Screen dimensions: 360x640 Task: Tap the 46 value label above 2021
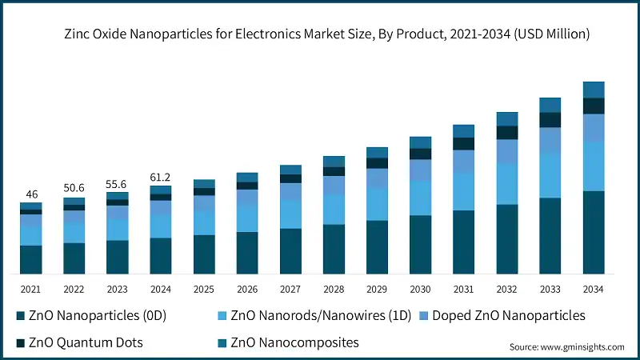[x=31, y=194]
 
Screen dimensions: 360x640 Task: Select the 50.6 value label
[x=74, y=187]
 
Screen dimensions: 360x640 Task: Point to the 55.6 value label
[x=118, y=184]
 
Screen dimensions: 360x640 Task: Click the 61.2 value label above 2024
[x=161, y=178]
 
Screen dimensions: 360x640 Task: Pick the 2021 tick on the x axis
[x=31, y=289]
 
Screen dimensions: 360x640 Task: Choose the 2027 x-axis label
[x=290, y=289]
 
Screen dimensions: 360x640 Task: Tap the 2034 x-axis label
[x=593, y=289]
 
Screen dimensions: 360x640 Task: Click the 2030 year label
[x=420, y=289]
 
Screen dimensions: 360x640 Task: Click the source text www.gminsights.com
[x=567, y=347]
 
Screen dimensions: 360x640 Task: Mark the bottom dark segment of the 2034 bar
[x=593, y=232]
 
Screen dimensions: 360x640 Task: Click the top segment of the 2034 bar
[x=593, y=90]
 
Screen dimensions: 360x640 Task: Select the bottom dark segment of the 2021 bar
[x=31, y=259]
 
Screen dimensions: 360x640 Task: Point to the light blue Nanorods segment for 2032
[x=506, y=184]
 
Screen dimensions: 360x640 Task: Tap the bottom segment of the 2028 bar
[x=334, y=249]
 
